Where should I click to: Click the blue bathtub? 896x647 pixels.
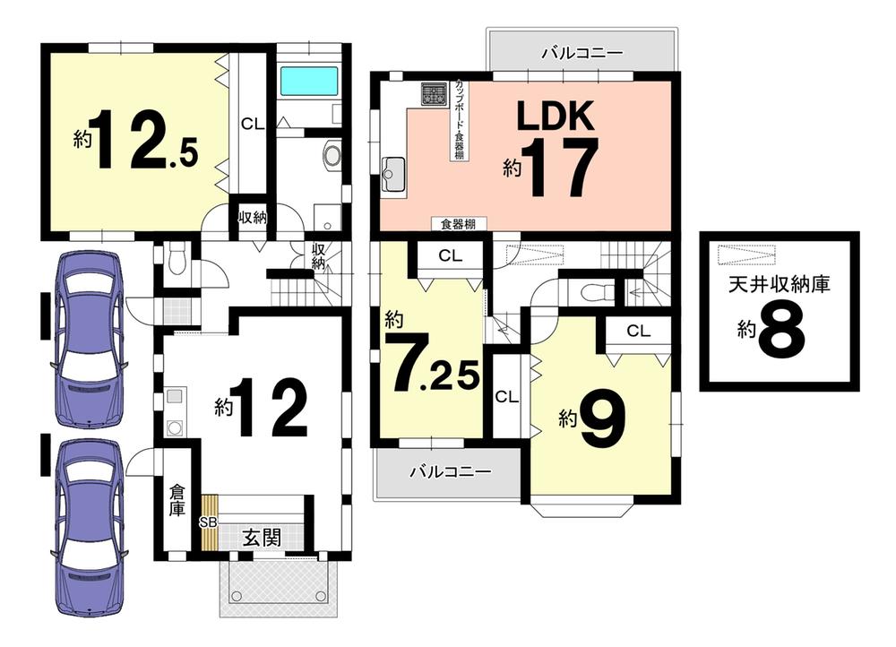click(x=308, y=82)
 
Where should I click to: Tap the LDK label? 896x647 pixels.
click(x=556, y=116)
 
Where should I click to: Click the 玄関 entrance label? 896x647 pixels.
click(x=262, y=538)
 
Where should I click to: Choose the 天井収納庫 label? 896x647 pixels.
click(x=779, y=285)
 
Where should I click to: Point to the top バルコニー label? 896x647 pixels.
click(x=582, y=53)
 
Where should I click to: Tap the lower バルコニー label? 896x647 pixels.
click(x=451, y=472)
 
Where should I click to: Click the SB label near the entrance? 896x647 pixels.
click(x=208, y=522)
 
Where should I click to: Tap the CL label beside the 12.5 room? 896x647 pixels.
click(x=253, y=124)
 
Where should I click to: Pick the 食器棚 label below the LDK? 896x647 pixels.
click(x=458, y=224)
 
